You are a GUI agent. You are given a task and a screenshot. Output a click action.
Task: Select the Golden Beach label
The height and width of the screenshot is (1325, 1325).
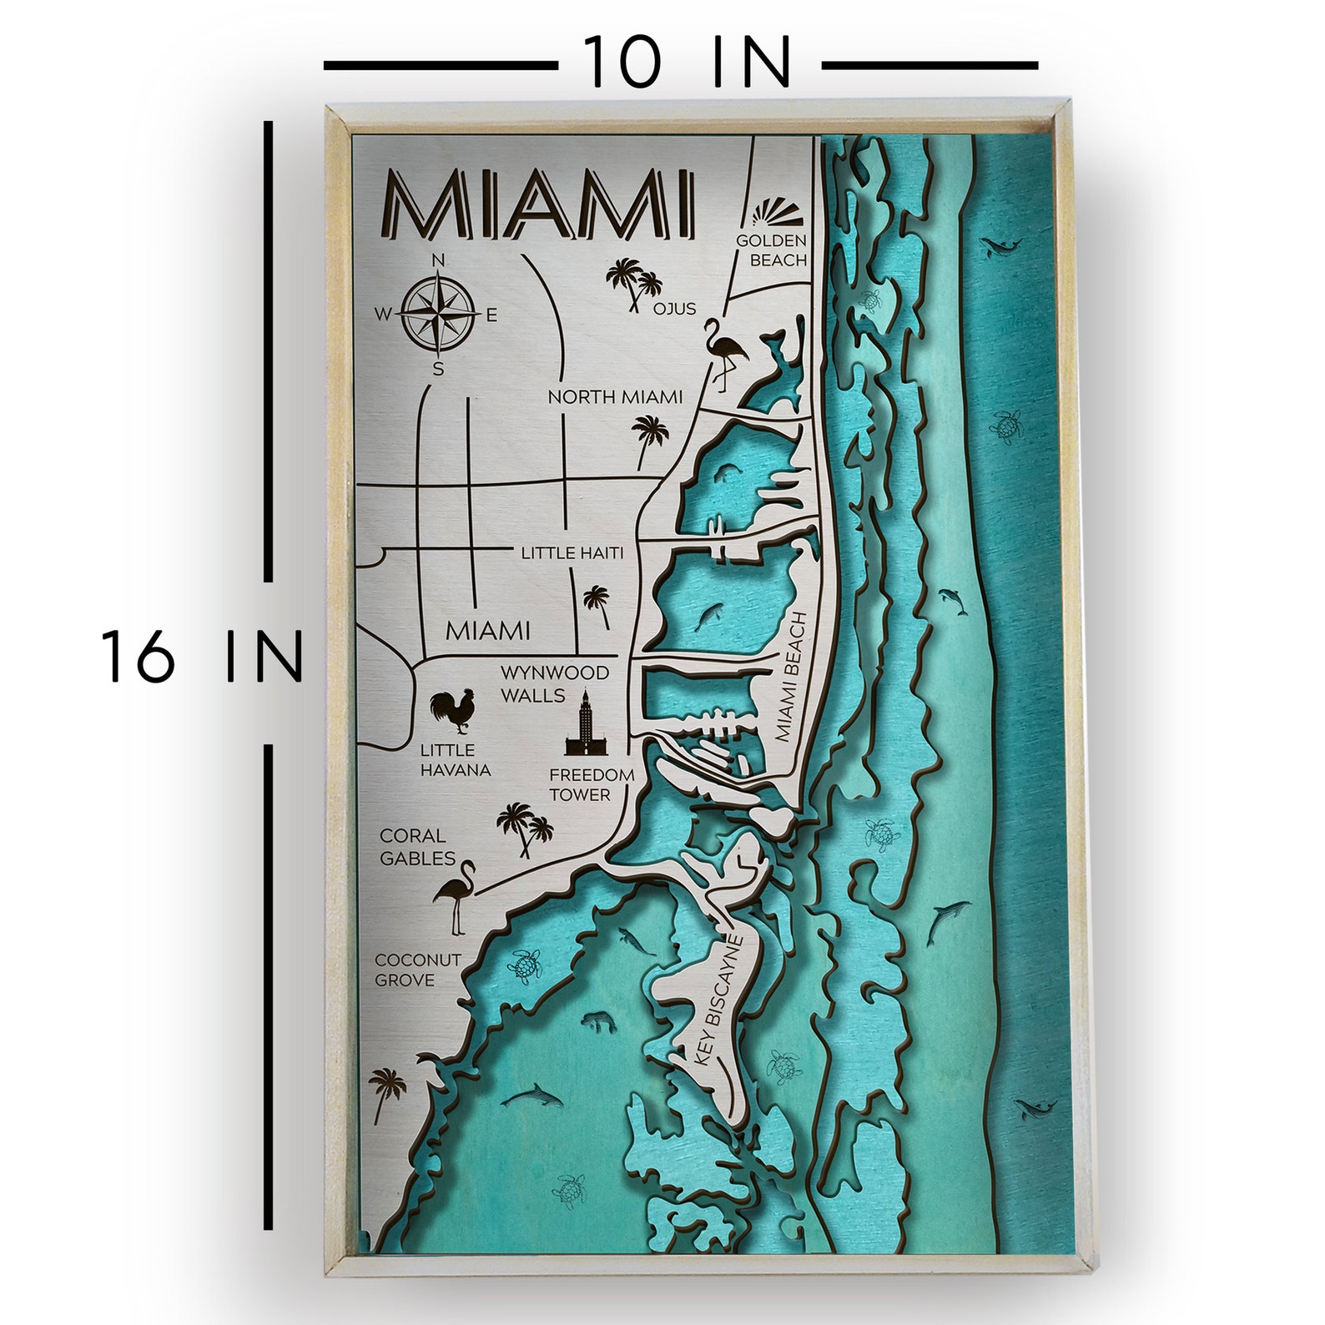[772, 250]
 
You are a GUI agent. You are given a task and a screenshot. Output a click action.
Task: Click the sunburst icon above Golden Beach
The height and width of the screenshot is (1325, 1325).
[777, 214]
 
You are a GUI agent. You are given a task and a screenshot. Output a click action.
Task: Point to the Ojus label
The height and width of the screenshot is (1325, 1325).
[674, 309]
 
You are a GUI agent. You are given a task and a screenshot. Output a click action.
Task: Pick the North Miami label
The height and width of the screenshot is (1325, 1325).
[615, 397]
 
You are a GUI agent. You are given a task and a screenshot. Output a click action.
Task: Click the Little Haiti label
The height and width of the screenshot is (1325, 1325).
[572, 552]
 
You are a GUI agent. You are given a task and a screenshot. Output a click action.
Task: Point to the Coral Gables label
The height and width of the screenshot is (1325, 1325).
[417, 846]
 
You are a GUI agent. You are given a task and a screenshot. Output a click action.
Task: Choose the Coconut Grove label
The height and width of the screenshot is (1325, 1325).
[417, 970]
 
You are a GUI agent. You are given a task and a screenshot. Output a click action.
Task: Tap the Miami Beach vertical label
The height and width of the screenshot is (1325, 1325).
[791, 676]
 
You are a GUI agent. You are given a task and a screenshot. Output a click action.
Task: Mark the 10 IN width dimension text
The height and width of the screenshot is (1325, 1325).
[686, 63]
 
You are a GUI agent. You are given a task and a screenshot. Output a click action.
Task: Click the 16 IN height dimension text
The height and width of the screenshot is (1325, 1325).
[201, 657]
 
